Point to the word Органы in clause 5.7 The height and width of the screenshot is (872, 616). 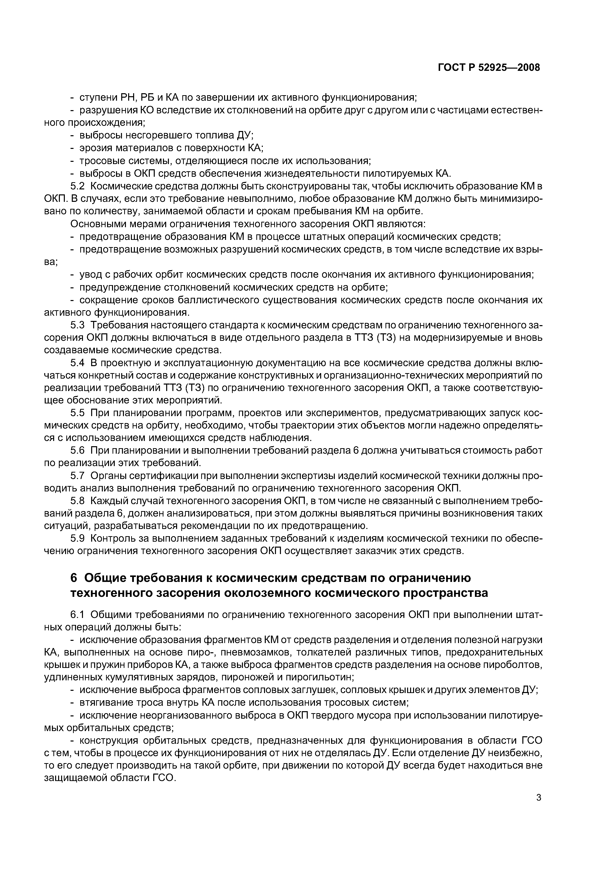(x=108, y=476)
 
